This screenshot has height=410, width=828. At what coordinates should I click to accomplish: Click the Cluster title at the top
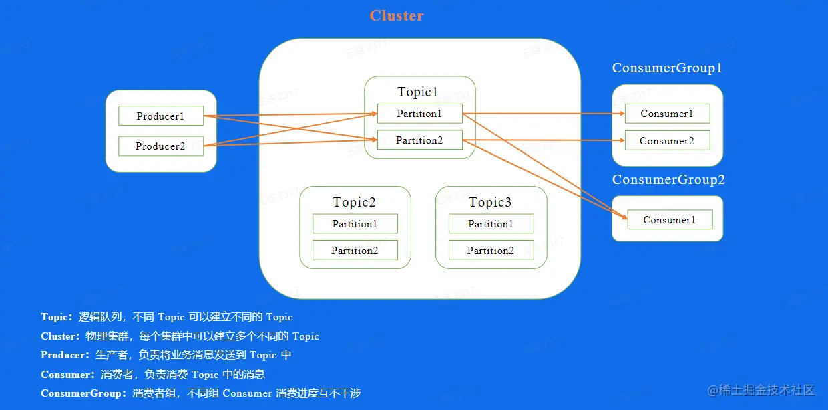pyautogui.click(x=397, y=16)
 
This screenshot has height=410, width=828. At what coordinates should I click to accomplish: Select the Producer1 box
pyautogui.click(x=160, y=116)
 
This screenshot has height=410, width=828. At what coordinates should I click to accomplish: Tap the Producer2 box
pyautogui.click(x=160, y=146)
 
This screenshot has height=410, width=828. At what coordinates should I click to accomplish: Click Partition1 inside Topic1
pyautogui.click(x=419, y=114)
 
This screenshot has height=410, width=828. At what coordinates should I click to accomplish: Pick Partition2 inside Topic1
pyautogui.click(x=419, y=140)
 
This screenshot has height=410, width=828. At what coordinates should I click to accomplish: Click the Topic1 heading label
pyautogui.click(x=418, y=92)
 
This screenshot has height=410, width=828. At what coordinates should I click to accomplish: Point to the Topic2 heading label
pyautogui.click(x=355, y=202)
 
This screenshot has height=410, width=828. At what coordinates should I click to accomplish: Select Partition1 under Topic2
pyautogui.click(x=355, y=224)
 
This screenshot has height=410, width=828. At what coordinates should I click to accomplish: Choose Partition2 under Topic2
pyautogui.click(x=355, y=251)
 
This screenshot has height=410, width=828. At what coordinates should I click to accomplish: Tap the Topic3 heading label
pyautogui.click(x=490, y=202)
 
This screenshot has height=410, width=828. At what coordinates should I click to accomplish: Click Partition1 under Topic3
pyautogui.click(x=491, y=224)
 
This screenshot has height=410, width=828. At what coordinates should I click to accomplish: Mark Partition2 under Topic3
pyautogui.click(x=491, y=251)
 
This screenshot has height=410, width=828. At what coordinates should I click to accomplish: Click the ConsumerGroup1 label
pyautogui.click(x=667, y=68)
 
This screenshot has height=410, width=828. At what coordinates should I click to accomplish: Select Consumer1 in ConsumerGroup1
pyautogui.click(x=667, y=114)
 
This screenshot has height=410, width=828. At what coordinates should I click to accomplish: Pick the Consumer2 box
pyautogui.click(x=667, y=141)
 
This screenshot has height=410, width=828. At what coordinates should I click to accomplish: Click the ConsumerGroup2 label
pyautogui.click(x=668, y=180)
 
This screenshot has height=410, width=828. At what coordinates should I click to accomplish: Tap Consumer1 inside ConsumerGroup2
pyautogui.click(x=670, y=220)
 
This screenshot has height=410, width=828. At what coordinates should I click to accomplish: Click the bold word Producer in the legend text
pyautogui.click(x=64, y=355)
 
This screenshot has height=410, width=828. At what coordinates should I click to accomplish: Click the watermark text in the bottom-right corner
pyautogui.click(x=761, y=390)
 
